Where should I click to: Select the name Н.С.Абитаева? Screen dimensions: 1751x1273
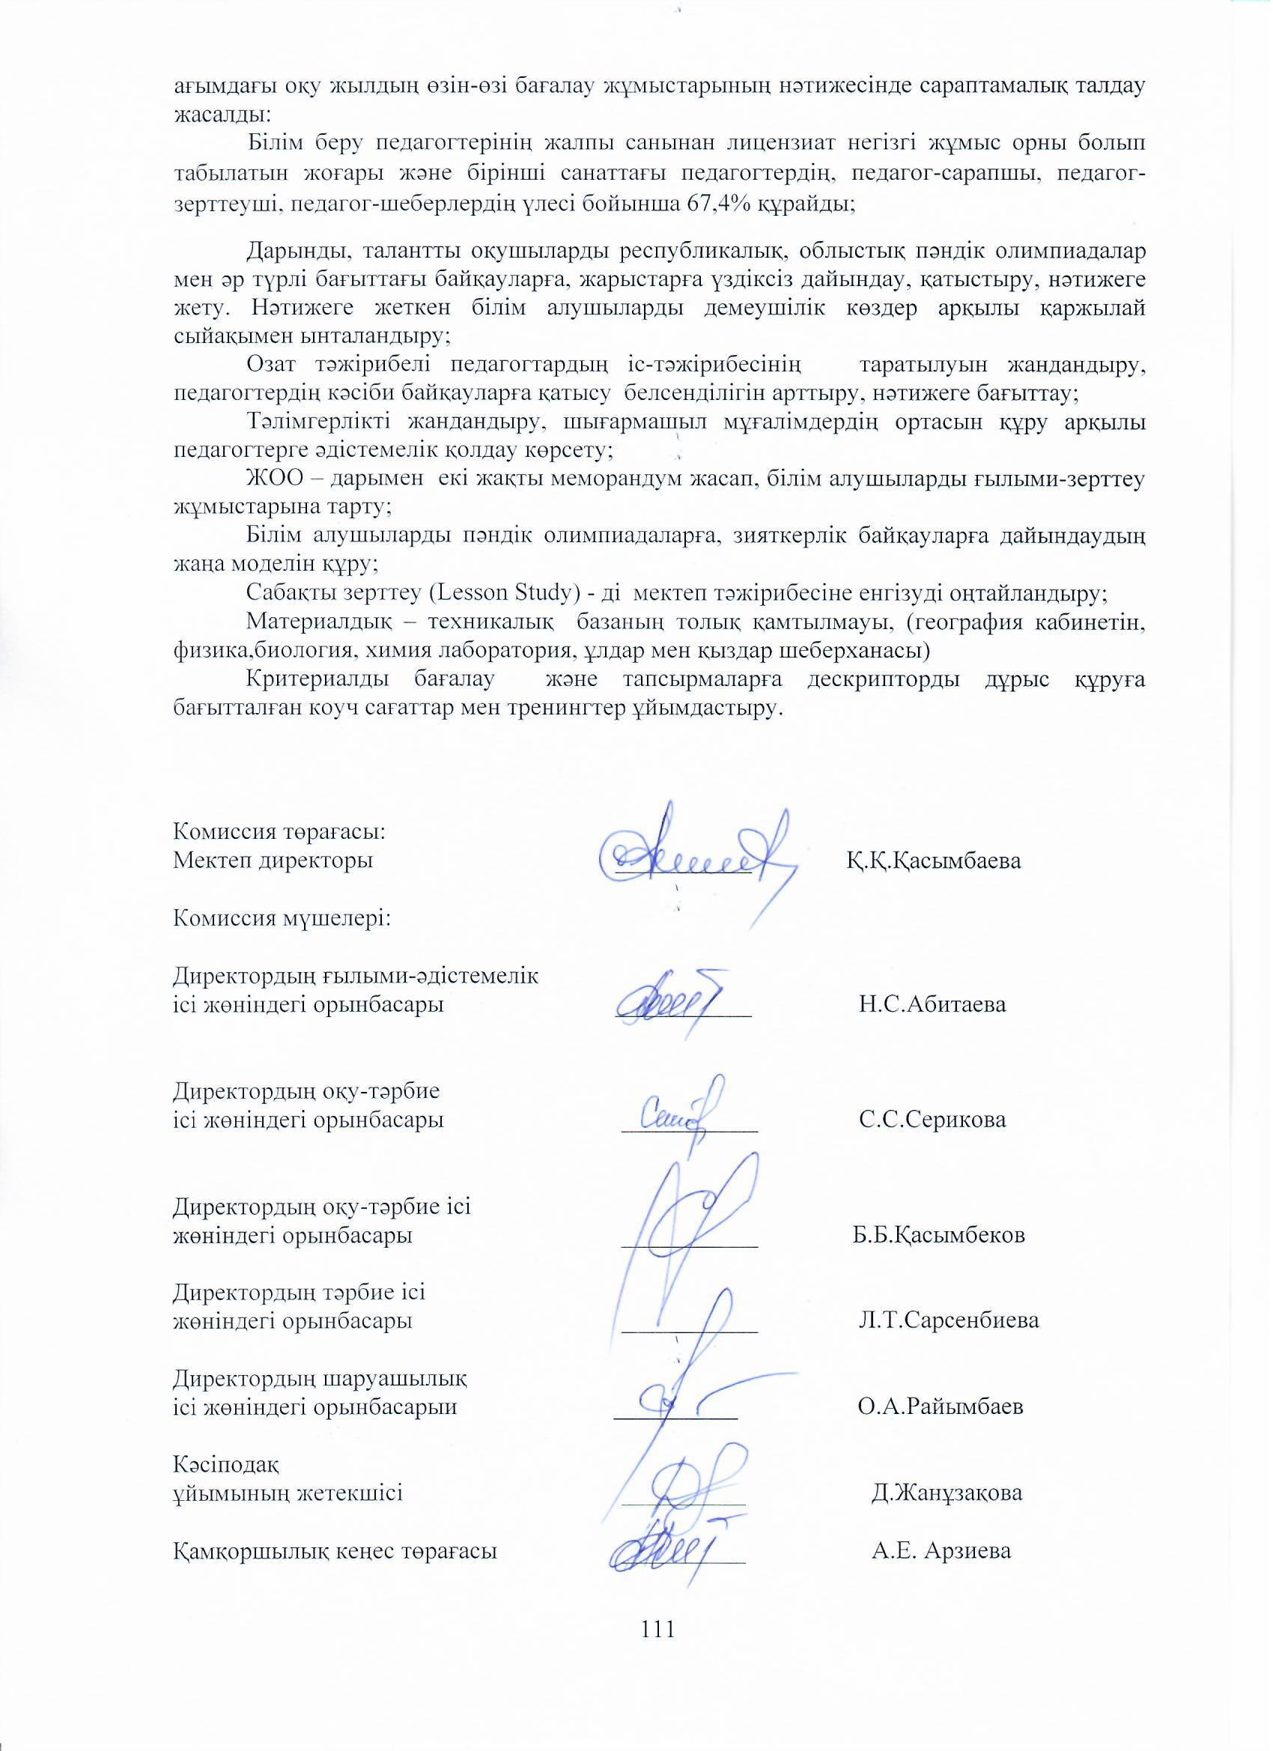(x=932, y=1004)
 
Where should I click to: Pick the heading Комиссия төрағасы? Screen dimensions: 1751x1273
(x=279, y=832)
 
